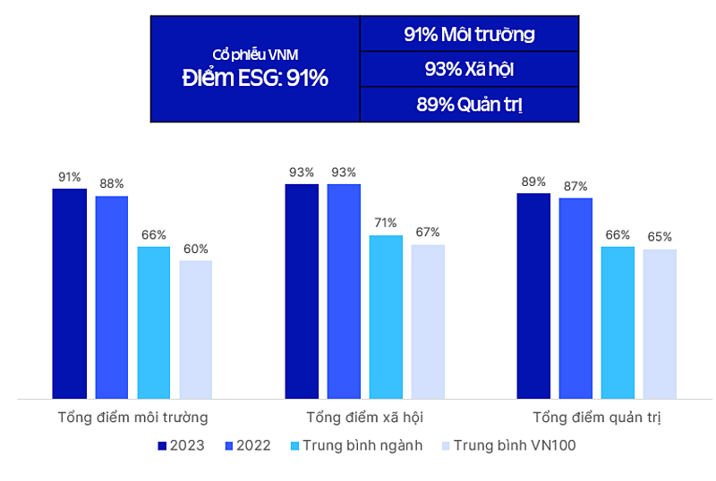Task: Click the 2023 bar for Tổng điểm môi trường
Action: pyautogui.click(x=69, y=293)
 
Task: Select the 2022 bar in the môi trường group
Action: pyautogui.click(x=112, y=297)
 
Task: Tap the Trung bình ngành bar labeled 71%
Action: pyautogui.click(x=386, y=316)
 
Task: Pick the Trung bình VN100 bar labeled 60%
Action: pyautogui.click(x=196, y=329)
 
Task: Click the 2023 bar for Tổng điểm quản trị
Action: pyautogui.click(x=533, y=295)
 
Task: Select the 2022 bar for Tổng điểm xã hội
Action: pyautogui.click(x=344, y=291)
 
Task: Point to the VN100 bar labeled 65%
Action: pyautogui.click(x=660, y=323)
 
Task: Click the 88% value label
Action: pyautogui.click(x=112, y=183)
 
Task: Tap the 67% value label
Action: pyautogui.click(x=428, y=232)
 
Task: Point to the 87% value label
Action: pyautogui.click(x=575, y=186)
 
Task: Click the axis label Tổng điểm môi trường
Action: pyautogui.click(x=132, y=418)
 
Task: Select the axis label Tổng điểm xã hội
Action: pyautogui.click(x=364, y=418)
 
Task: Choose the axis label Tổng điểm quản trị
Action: pyautogui.click(x=596, y=418)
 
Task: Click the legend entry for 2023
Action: pyautogui.click(x=181, y=445)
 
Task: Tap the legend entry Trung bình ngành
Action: pyautogui.click(x=356, y=445)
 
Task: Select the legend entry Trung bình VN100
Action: pyautogui.click(x=507, y=445)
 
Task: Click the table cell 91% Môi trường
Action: pyautogui.click(x=469, y=35)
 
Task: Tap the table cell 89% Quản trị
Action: pyautogui.click(x=469, y=104)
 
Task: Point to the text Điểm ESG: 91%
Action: pyautogui.click(x=255, y=78)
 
